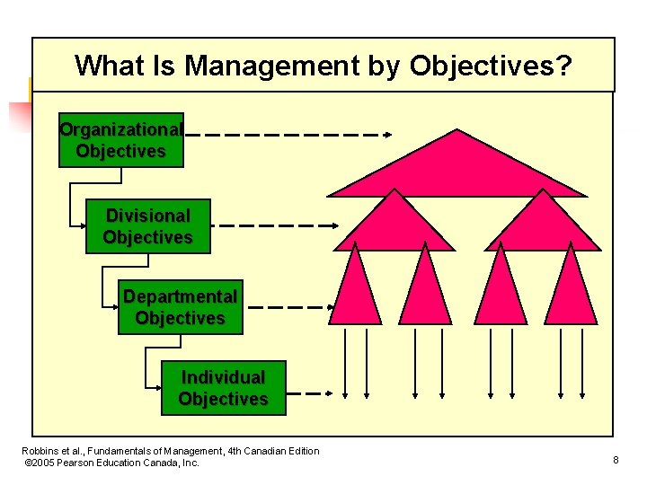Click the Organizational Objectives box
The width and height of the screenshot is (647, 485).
pos(120,140)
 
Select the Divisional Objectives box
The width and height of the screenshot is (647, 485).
pos(147,226)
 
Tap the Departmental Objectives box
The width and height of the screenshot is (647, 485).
pos(180,307)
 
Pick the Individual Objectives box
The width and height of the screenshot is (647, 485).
pos(223,388)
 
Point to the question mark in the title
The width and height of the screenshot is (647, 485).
pos(563,66)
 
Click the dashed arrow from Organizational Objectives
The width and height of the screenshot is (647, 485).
pos(288,135)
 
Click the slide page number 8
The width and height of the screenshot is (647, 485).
pos(616,461)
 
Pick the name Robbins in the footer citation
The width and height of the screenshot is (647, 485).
pos(40,451)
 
